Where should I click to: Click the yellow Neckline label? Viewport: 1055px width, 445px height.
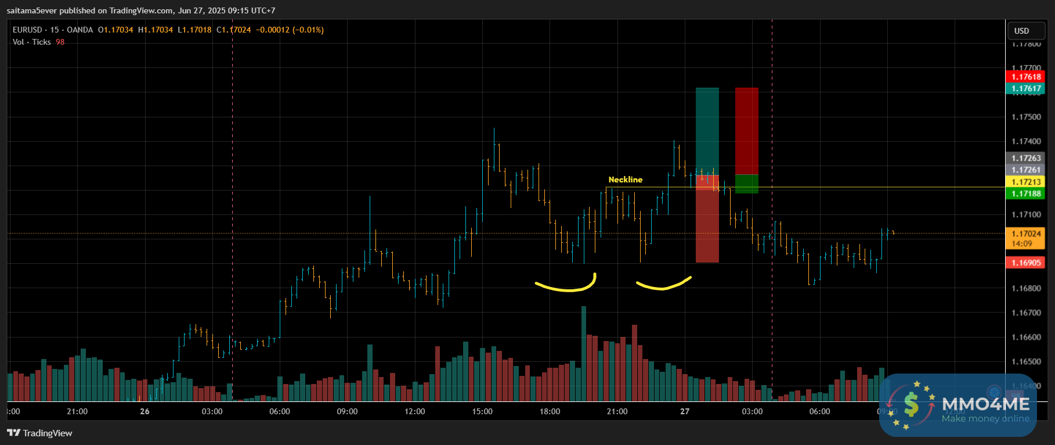point(625,180)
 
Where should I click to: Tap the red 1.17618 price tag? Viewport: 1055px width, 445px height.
point(1025,77)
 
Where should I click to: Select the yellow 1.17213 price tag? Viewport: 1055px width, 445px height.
point(1025,182)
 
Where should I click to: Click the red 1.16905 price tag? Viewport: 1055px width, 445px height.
point(1025,263)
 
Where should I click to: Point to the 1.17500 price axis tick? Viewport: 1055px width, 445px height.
point(1025,117)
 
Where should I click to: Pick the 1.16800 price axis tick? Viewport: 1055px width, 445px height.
point(1025,288)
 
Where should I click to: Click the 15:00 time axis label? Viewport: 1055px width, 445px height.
point(482,411)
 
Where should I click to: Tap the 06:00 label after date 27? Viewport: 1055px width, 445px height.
point(819,411)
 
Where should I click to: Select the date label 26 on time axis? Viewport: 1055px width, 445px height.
point(144,411)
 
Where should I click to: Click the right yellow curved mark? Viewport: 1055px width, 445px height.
point(663,284)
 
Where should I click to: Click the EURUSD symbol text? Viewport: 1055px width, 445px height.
point(27,30)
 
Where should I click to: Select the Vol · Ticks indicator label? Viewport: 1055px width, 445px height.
point(32,42)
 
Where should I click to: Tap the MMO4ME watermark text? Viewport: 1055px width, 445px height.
point(985,404)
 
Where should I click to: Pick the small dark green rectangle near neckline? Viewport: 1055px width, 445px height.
point(746,184)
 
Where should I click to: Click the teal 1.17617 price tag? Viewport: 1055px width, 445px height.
point(1025,88)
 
